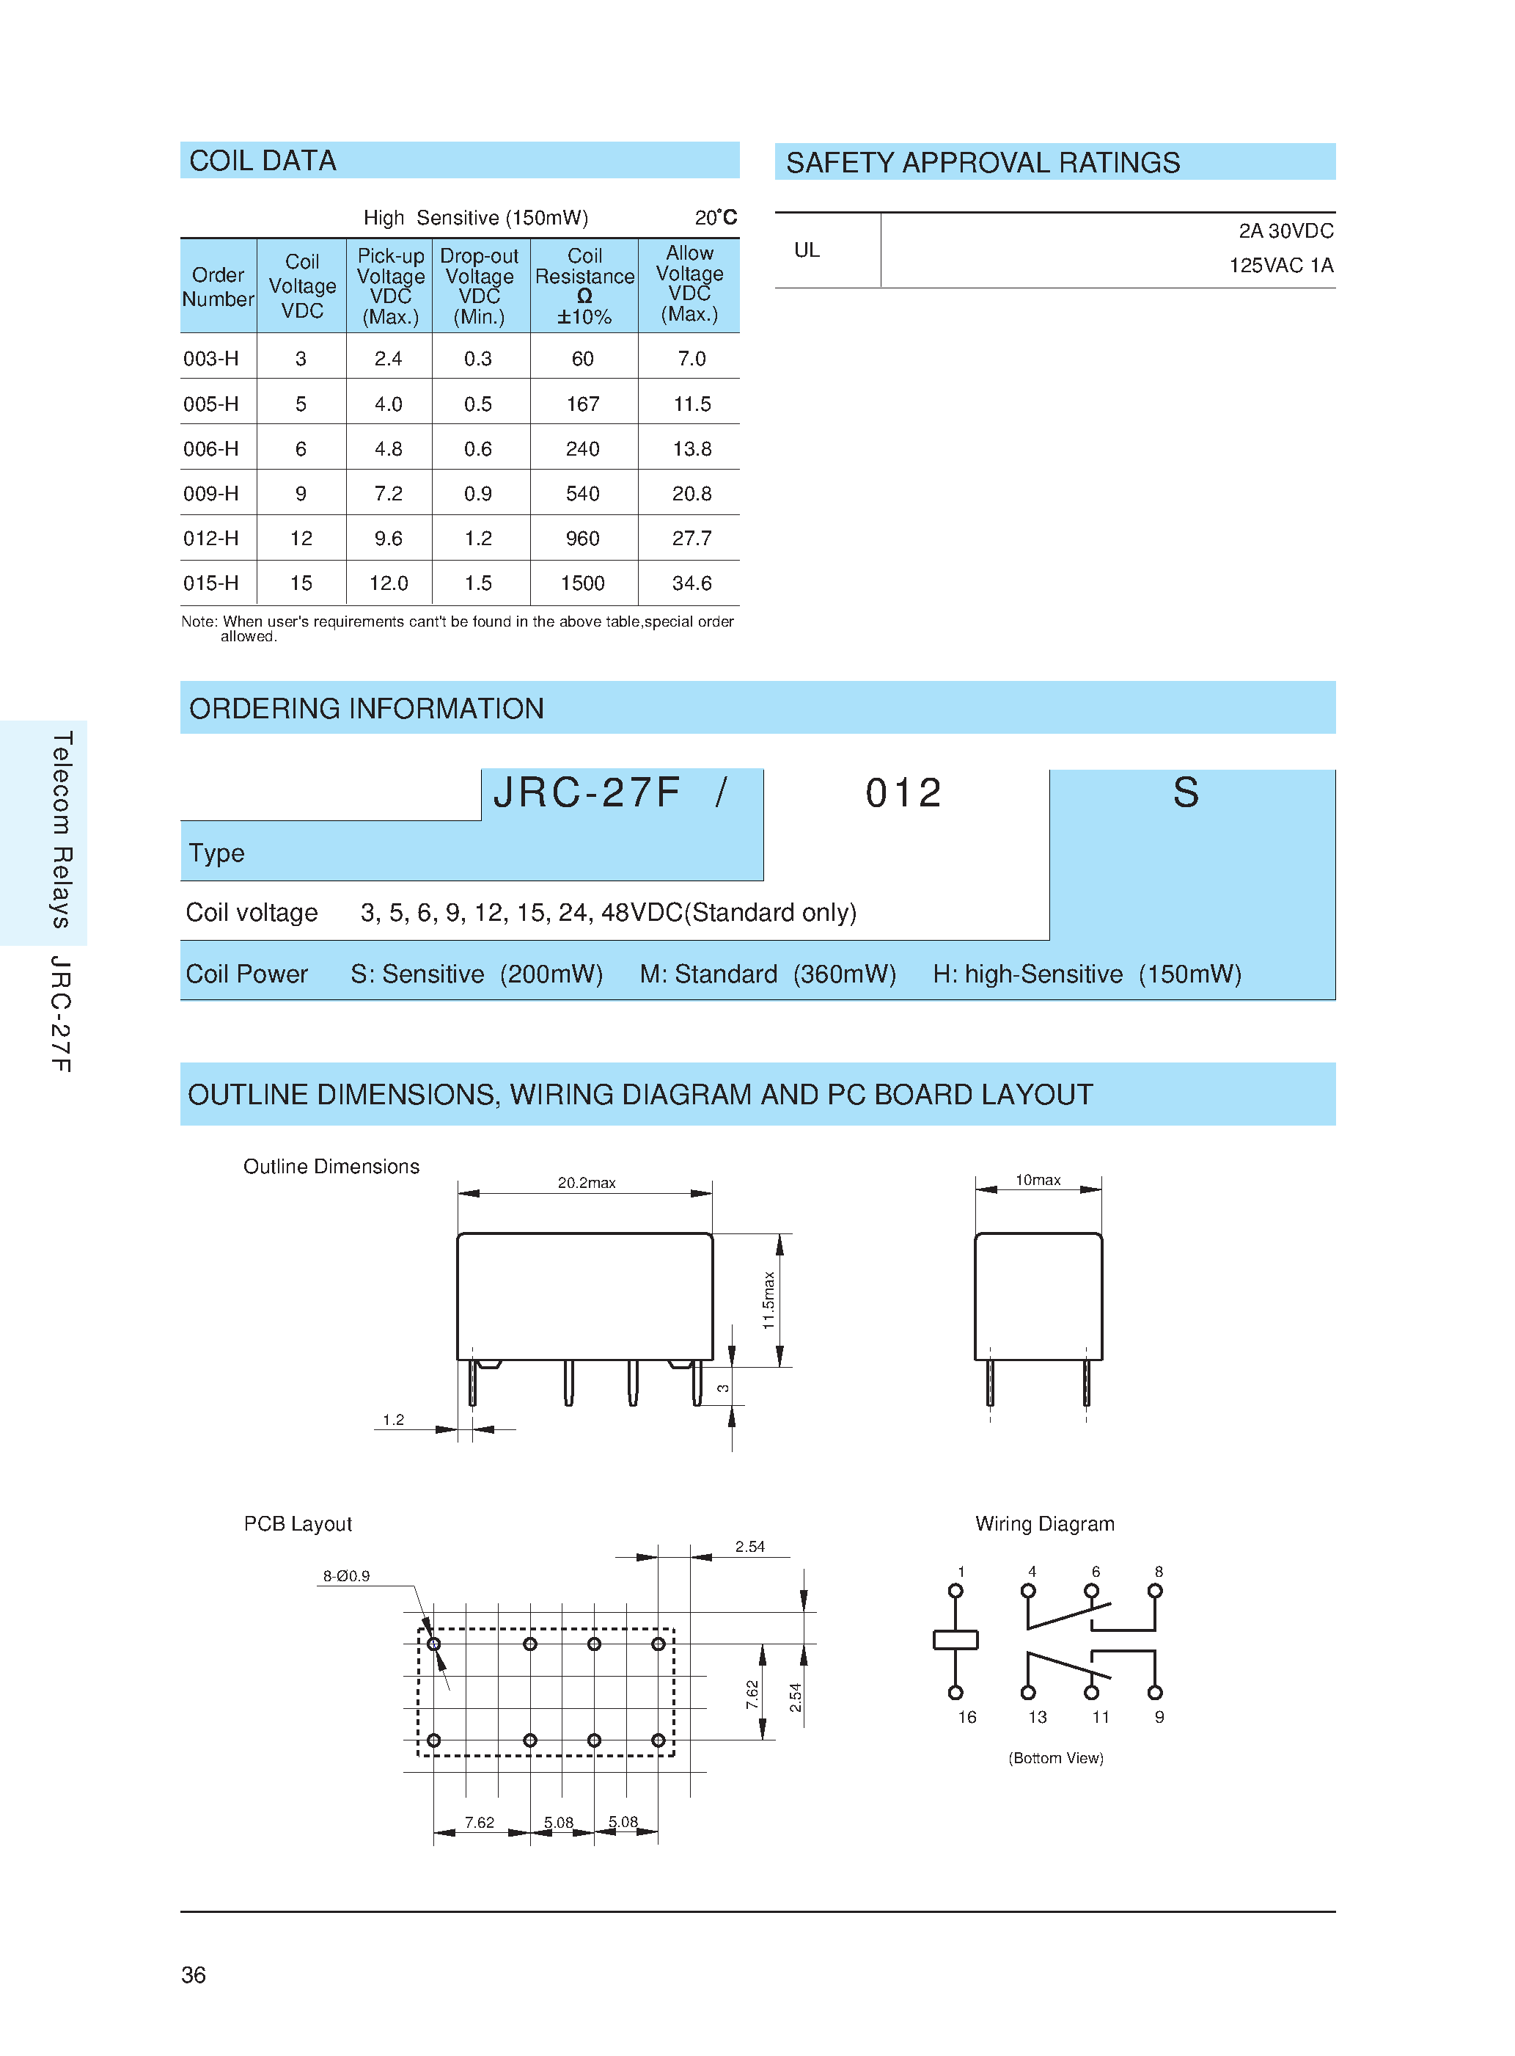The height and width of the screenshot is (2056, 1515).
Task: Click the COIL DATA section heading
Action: [263, 161]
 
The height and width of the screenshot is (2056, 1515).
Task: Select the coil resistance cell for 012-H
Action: [582, 539]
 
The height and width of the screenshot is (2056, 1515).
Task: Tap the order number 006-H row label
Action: [211, 448]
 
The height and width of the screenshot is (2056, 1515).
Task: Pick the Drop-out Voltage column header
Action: [480, 285]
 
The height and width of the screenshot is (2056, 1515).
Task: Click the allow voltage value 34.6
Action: [692, 583]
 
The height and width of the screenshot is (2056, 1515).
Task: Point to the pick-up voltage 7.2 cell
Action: [388, 494]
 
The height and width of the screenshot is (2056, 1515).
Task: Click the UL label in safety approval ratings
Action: [807, 250]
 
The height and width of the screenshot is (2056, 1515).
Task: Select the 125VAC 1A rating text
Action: [1280, 266]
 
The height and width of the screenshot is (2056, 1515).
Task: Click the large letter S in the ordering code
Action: [1186, 792]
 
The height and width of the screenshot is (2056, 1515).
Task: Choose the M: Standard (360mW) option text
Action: [768, 974]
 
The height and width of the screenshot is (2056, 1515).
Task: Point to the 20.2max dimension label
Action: [587, 1183]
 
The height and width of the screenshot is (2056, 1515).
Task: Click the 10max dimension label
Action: [1038, 1180]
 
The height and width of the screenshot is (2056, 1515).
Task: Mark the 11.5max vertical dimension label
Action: [769, 1300]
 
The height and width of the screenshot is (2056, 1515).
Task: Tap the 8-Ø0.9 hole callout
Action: [345, 1576]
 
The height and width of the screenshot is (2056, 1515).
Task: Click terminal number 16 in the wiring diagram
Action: [966, 1718]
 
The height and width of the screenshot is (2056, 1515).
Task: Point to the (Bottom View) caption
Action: [1055, 1758]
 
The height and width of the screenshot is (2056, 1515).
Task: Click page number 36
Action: [194, 1975]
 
